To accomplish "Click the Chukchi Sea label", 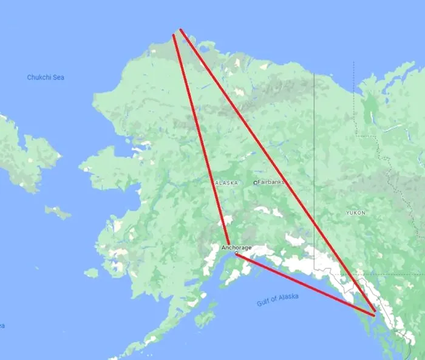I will click(46, 78).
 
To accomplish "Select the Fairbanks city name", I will click(270, 182).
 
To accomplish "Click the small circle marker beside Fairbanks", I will click(256, 183).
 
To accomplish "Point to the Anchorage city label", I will click(236, 248).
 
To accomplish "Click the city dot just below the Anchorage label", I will click(236, 254).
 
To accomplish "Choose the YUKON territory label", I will click(355, 213).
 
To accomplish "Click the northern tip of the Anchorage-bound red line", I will click(174, 35).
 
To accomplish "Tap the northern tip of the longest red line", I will click(181, 30).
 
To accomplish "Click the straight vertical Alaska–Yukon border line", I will click(314, 152).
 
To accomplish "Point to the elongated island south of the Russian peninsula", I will click(58, 212).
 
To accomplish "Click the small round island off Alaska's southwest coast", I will click(91, 273).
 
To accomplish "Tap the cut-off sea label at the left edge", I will click(2, 326).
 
